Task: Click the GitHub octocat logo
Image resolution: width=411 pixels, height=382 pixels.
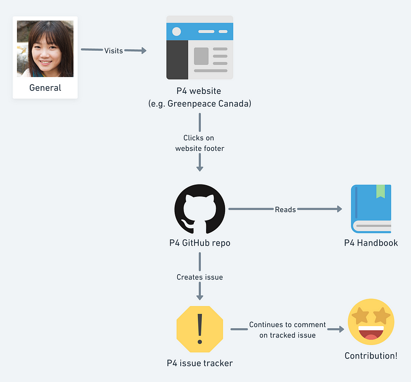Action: tap(200, 209)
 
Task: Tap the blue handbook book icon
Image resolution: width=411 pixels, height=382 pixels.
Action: tap(371, 209)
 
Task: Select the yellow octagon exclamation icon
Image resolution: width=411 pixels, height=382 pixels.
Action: tap(200, 329)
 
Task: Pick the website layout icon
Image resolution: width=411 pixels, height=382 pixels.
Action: tap(200, 47)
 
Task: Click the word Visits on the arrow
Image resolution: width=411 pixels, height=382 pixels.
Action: tap(114, 50)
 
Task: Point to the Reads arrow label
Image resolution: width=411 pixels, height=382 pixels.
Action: tap(285, 209)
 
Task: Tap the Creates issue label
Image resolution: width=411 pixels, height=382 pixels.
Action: tap(200, 277)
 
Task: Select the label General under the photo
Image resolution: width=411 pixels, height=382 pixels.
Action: tap(45, 88)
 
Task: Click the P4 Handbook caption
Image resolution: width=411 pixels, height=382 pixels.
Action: tap(371, 243)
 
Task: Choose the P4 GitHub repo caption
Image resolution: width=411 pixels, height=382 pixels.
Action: tap(200, 243)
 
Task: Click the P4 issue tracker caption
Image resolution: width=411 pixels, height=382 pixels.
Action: tap(200, 363)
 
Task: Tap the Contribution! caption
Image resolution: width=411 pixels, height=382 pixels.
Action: tap(371, 356)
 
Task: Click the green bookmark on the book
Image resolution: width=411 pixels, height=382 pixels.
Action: tap(380, 191)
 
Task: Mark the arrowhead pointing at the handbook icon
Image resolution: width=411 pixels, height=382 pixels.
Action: tap(339, 209)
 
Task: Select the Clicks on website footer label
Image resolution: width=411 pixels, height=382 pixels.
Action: tap(200, 143)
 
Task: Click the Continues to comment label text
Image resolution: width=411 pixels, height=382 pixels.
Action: tap(287, 325)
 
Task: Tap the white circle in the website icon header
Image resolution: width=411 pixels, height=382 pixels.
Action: tap(177, 31)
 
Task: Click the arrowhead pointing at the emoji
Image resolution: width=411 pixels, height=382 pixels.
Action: tap(341, 329)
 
